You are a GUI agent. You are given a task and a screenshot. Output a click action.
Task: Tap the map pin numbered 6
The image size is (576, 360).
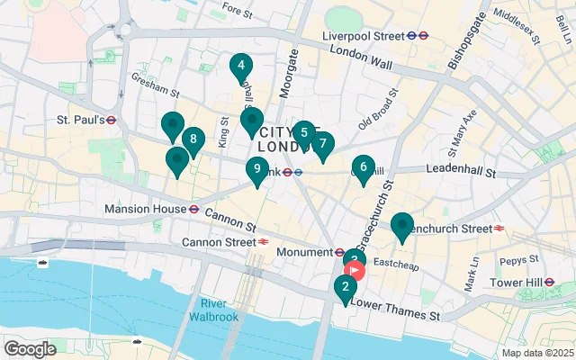[x=364, y=167]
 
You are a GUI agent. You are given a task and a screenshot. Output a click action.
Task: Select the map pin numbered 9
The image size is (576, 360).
[x=257, y=169]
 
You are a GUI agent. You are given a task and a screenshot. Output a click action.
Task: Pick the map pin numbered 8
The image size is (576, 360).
[x=192, y=140]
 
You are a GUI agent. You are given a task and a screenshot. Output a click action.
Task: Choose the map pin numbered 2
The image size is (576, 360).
[x=344, y=288]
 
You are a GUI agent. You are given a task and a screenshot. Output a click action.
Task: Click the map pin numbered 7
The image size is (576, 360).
[x=322, y=145]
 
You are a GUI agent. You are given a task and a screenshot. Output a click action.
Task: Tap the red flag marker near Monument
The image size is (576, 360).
[x=355, y=269]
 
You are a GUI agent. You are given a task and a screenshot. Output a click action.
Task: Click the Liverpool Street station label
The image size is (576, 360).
[x=367, y=36]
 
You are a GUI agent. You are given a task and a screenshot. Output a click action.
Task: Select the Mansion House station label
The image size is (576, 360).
[x=144, y=208]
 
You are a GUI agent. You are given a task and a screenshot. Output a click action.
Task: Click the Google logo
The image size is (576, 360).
[x=30, y=349]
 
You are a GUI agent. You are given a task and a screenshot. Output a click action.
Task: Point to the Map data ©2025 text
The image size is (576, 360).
[x=536, y=352]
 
